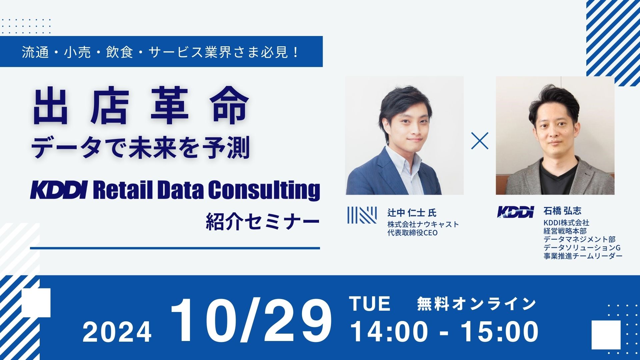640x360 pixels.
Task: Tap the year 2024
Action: tap(117, 332)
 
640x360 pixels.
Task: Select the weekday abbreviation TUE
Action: tap(370, 304)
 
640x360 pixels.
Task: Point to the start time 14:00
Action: tap(389, 331)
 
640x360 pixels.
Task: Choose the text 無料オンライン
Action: tap(476, 304)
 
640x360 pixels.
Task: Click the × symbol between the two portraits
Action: tap(480, 141)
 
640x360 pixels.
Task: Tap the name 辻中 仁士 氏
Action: tap(412, 212)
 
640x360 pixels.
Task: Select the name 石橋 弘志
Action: tap(562, 211)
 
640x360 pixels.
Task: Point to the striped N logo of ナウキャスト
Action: tap(362, 215)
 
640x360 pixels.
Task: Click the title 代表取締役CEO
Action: tap(412, 233)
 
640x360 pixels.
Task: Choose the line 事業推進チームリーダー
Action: tap(583, 256)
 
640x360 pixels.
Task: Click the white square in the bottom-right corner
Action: tap(606, 335)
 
